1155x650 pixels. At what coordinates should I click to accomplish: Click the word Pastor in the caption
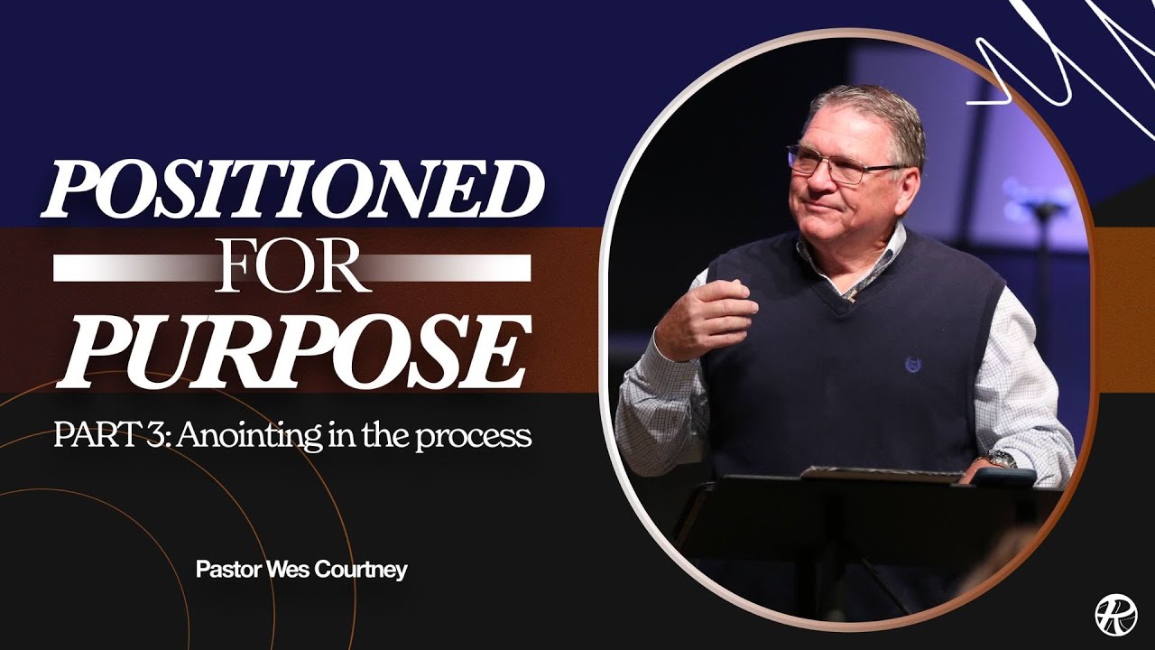[226, 571]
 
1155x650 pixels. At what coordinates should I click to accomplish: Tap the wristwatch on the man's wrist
[1000, 459]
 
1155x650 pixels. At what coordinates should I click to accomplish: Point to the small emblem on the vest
[911, 366]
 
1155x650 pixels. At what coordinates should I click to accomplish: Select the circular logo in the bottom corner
[1115, 614]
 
